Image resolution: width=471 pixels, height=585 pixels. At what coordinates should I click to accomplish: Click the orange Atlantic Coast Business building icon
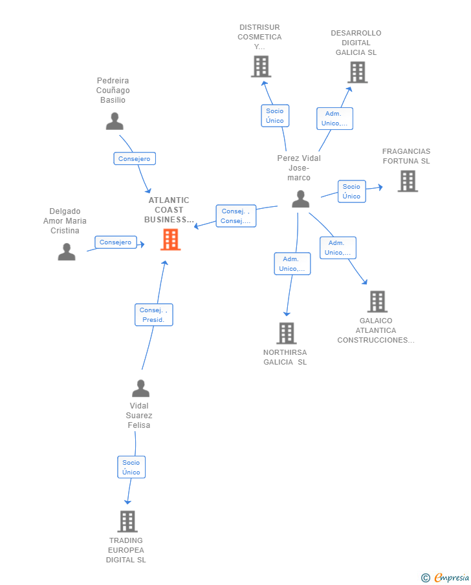pos(171,239)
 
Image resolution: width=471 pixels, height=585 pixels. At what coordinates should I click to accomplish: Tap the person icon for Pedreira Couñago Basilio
pos(115,122)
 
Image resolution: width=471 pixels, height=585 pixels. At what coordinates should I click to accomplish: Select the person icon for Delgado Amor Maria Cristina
pos(67,251)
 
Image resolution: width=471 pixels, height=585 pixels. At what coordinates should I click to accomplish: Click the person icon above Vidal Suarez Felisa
pos(141,388)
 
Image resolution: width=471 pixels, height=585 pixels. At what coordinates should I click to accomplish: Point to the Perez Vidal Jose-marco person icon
pos(301,199)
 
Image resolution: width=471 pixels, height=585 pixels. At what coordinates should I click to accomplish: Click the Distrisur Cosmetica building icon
pos(261,67)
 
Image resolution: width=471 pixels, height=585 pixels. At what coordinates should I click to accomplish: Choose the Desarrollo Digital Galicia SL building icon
pos(357,72)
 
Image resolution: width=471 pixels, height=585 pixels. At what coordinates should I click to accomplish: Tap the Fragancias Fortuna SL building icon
pos(408,182)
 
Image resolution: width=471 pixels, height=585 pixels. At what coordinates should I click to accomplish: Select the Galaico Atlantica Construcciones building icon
pos(377,301)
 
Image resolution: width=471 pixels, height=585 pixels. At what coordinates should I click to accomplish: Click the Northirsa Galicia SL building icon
pos(287,333)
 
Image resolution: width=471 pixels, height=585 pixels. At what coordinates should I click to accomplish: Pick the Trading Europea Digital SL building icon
pos(127,521)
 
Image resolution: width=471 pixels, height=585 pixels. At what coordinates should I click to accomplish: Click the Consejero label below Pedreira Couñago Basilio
pos(135,158)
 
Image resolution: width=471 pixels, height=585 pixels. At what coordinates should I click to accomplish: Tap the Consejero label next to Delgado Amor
pos(115,242)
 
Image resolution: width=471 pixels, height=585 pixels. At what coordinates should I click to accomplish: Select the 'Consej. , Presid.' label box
pos(153,315)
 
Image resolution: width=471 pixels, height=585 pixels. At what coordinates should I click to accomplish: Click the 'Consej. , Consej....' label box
pos(235,216)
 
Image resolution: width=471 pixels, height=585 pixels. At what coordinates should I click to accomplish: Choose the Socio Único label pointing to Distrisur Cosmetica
pos(275,116)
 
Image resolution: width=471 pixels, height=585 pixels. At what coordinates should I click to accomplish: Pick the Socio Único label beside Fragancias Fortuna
pos(351,191)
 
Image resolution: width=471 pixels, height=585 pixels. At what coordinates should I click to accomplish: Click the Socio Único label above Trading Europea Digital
pos(131,467)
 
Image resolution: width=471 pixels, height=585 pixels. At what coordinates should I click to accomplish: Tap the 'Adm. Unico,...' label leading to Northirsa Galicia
pos(292,264)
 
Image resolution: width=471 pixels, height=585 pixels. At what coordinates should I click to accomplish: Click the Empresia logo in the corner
pos(445,577)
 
